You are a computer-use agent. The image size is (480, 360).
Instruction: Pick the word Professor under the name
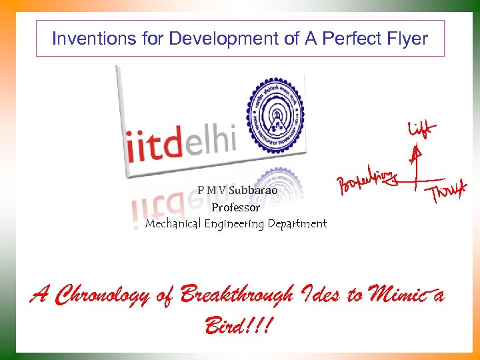pyautogui.click(x=235, y=207)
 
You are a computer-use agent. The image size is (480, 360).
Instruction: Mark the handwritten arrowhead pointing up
pyautogui.click(x=415, y=155)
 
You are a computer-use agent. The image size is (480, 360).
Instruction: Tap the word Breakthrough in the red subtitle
pyautogui.click(x=238, y=294)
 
